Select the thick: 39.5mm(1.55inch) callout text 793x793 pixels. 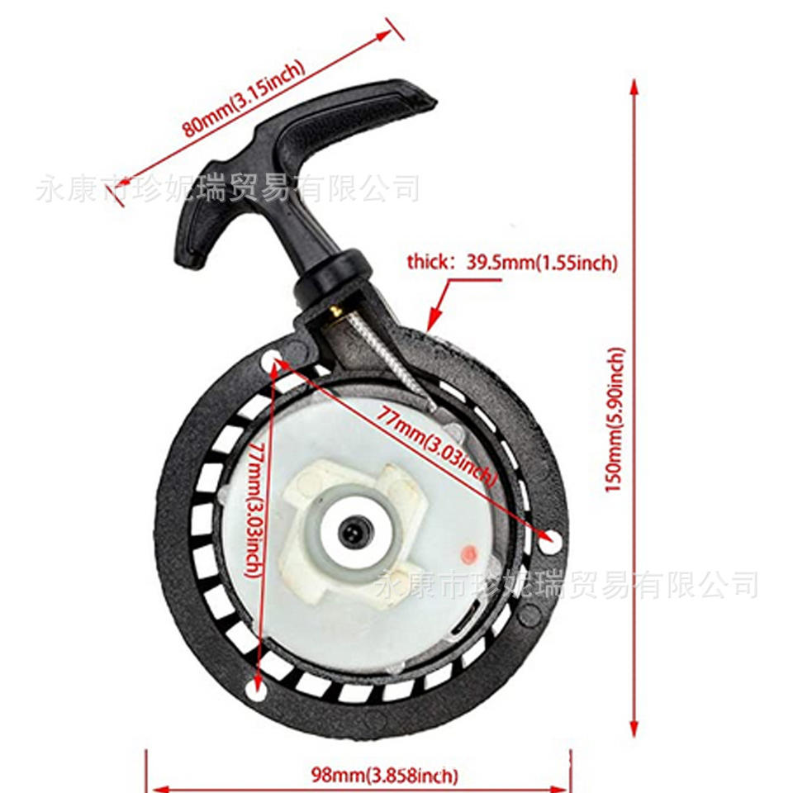511,263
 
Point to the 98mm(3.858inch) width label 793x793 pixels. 384,775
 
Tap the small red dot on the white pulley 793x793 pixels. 469,551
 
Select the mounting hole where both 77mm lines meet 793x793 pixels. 273,358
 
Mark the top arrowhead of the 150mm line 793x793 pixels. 634,87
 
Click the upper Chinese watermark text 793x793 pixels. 227,188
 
